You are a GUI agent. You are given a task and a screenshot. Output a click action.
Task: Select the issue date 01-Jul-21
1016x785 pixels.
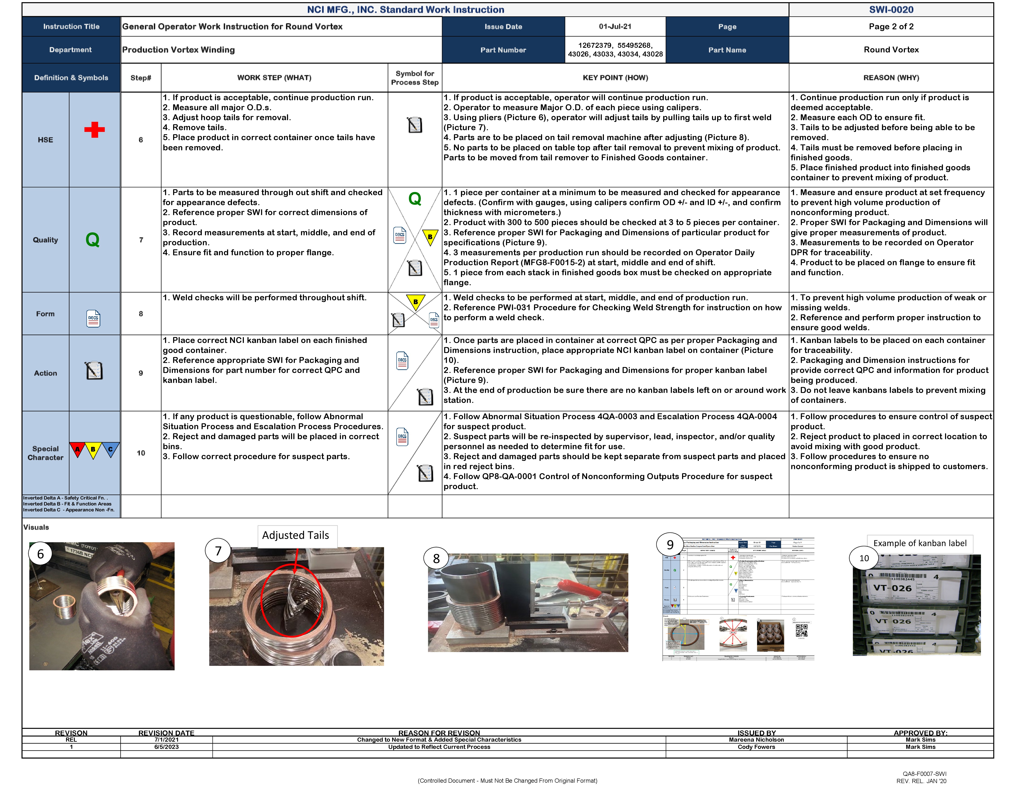point(615,27)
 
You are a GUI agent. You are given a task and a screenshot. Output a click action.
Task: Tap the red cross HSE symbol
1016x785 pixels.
point(95,130)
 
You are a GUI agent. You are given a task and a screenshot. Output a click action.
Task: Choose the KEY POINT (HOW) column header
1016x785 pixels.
point(615,78)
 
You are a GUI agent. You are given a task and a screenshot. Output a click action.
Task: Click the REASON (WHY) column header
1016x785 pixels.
point(891,78)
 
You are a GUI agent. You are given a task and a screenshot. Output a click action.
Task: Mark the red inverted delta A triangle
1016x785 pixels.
point(77,449)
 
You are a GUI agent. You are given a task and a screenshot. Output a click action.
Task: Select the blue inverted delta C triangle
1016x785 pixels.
point(110,449)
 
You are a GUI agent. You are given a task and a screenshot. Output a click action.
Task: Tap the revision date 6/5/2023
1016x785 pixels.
point(166,747)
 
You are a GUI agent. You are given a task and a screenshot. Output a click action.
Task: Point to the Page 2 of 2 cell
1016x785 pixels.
point(891,27)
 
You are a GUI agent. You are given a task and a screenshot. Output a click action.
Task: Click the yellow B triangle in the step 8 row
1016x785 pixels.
point(415,302)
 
